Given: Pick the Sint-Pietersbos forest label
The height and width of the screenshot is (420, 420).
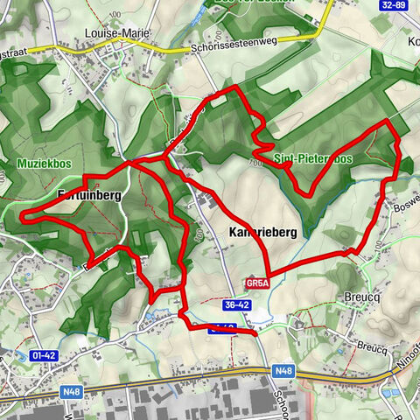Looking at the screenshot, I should point(312,159).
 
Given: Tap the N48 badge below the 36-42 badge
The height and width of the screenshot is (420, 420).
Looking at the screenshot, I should point(283,371).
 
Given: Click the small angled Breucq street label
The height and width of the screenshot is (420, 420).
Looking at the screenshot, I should point(372,346).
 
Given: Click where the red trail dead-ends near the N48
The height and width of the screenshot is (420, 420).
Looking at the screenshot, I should point(255,333).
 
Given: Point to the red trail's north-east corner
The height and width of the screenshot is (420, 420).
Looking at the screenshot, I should point(388,121).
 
